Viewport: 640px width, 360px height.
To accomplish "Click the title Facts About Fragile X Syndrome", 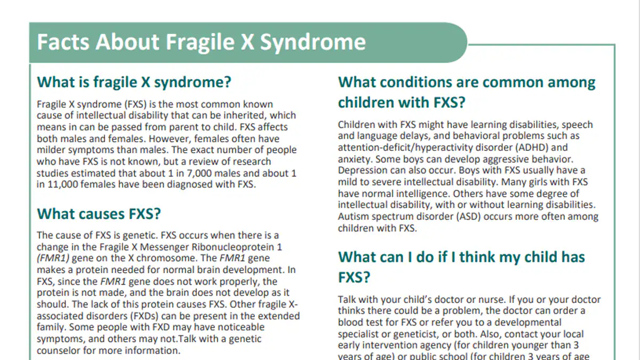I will coord(201,42).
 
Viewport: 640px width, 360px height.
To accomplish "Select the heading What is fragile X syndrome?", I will coord(134,83).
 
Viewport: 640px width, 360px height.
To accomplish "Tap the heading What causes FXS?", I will coord(99,214).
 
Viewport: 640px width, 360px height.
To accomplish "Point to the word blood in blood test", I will coord(350,322).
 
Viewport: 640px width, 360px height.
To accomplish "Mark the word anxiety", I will coord(354,159).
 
